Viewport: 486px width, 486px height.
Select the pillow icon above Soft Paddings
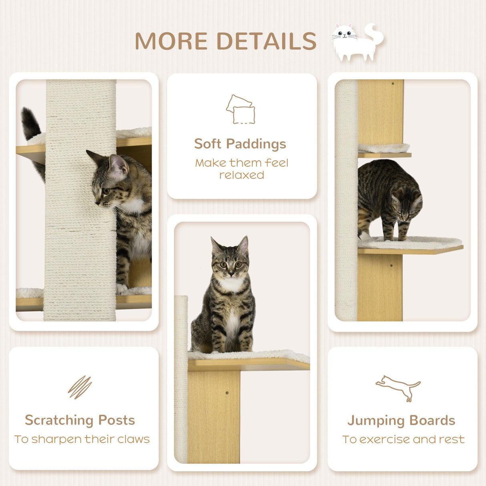point(241,109)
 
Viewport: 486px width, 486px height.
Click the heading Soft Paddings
point(240,144)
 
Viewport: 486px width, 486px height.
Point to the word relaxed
point(241,175)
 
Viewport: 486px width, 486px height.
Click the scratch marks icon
point(80,387)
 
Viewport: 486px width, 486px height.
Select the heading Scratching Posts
point(80,420)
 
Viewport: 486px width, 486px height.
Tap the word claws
point(133,439)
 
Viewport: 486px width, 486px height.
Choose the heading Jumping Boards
point(401,421)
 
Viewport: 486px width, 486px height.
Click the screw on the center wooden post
point(227,393)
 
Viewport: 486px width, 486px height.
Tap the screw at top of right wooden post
point(392,84)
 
